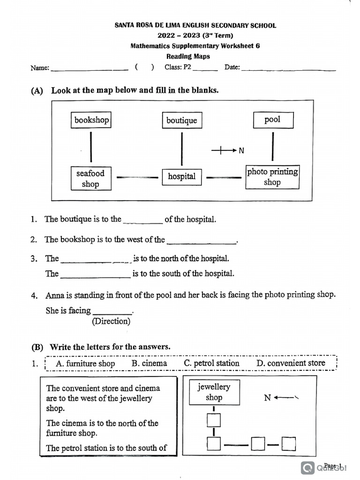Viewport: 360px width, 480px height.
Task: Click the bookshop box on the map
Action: (x=91, y=120)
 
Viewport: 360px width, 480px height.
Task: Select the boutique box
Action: (x=182, y=120)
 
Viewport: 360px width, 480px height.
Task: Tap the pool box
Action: (x=273, y=120)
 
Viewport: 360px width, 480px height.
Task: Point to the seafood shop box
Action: (x=91, y=179)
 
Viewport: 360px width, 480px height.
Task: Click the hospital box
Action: (x=182, y=177)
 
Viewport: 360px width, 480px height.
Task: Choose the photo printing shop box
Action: (x=272, y=177)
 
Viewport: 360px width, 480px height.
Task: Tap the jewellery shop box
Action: (x=214, y=392)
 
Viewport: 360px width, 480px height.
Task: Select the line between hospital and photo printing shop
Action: (x=224, y=177)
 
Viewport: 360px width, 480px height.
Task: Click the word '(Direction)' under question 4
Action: (x=111, y=322)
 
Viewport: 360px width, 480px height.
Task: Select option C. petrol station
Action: (x=211, y=363)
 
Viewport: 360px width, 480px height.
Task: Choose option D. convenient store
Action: (x=291, y=363)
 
